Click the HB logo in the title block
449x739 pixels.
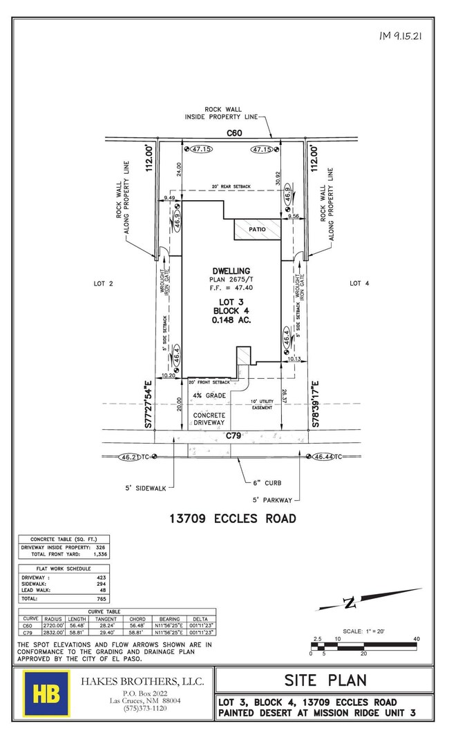[x=46, y=693]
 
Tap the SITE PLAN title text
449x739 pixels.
[x=324, y=680]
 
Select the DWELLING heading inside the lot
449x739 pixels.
[x=231, y=270]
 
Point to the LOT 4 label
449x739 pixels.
[x=355, y=284]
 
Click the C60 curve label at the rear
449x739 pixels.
[x=231, y=131]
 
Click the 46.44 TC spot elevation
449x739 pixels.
[x=327, y=457]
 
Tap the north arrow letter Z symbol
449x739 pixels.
[x=349, y=603]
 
